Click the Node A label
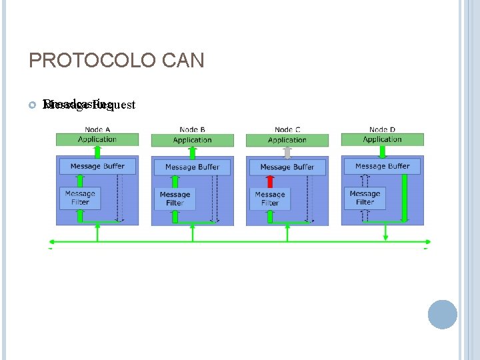tap(98, 129)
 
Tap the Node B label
tap(193, 129)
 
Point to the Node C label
tap(287, 129)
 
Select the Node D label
tap(382, 129)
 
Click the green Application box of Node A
tap(97, 139)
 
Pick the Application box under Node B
tap(192, 140)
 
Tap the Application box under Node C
tap(287, 140)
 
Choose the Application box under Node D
tap(382, 139)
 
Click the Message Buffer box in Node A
tap(97, 166)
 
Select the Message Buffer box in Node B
tap(192, 167)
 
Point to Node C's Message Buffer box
tap(287, 167)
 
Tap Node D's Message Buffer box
tap(382, 166)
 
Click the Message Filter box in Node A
tap(80, 198)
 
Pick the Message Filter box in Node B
tap(175, 199)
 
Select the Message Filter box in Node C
tap(270, 199)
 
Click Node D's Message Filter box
tap(365, 198)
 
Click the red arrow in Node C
tap(270, 181)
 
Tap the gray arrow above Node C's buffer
tap(287, 153)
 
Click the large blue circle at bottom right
tap(443, 314)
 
